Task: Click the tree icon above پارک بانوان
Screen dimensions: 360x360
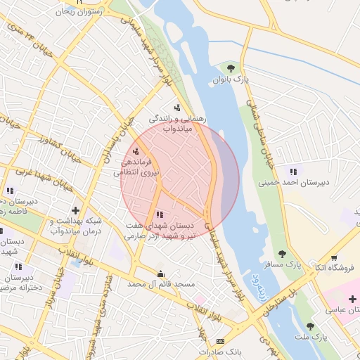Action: point(231,67)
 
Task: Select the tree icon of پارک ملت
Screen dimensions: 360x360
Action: point(310,326)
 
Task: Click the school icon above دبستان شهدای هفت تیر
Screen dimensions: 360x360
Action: point(160,214)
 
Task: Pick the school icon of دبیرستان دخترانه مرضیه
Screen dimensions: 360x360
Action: point(19,266)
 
